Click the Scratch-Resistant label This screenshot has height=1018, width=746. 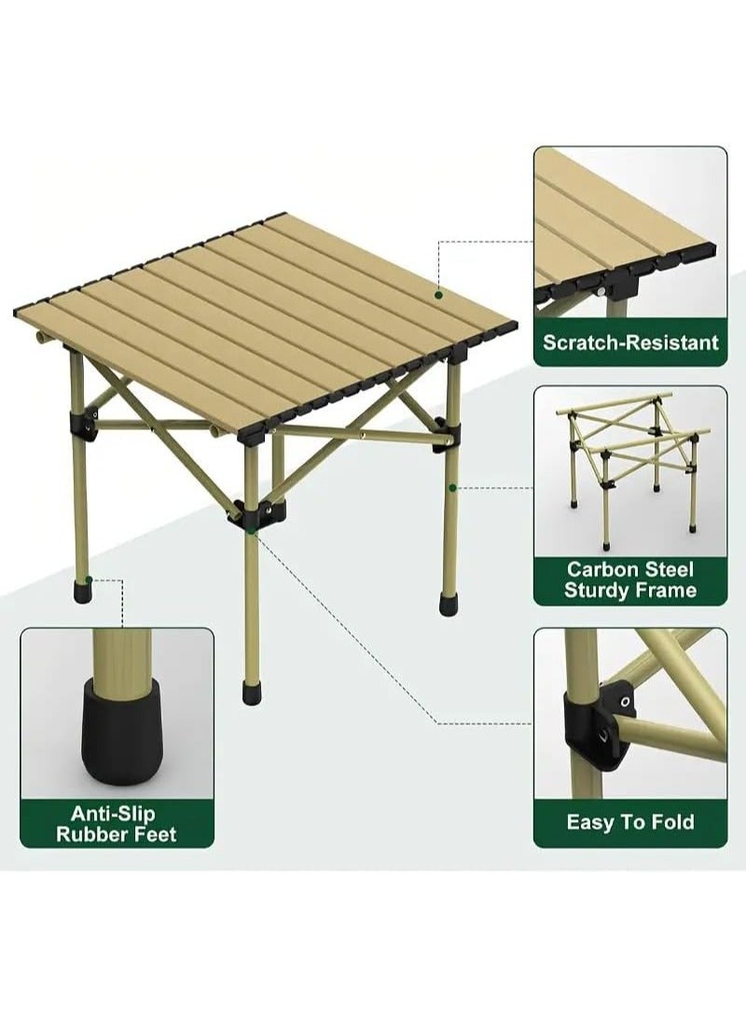point(630,342)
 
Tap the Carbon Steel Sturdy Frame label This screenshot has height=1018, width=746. point(630,579)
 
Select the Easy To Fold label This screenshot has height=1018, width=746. point(630,822)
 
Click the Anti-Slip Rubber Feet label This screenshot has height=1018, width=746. point(117,823)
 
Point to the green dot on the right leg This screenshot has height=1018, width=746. point(452,487)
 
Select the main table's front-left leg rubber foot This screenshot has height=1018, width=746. point(83,590)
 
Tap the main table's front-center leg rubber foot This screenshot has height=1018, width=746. point(252,692)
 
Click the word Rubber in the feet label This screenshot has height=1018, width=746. point(90,833)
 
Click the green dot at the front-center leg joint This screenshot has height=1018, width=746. point(252,530)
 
